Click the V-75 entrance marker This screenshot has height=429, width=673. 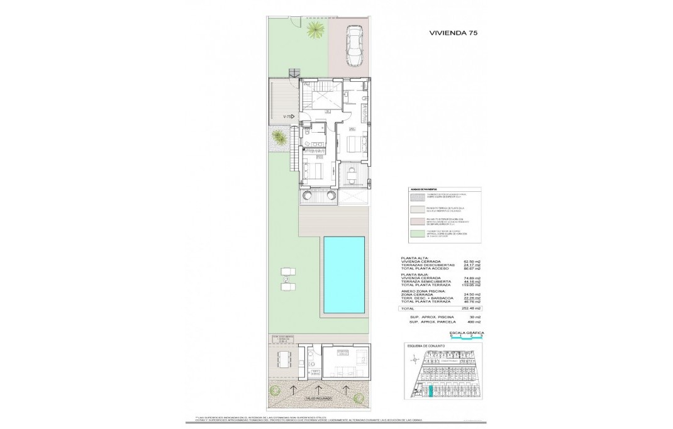tap(289, 116)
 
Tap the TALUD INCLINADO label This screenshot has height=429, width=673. tap(320, 398)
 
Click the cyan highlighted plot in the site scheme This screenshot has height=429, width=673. tap(430, 392)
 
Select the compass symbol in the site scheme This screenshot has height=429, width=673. tap(414, 360)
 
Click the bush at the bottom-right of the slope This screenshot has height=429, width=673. tap(359, 397)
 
